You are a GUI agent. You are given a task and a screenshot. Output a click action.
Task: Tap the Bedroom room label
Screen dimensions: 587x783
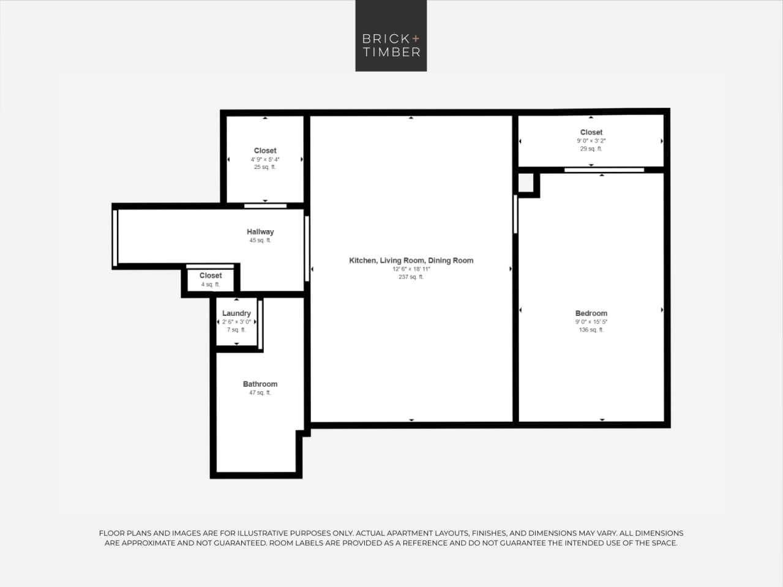pyautogui.click(x=591, y=313)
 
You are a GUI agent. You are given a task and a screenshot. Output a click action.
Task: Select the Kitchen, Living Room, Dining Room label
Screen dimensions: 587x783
pyautogui.click(x=411, y=260)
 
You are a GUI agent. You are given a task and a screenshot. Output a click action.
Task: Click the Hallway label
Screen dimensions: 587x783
pyautogui.click(x=260, y=232)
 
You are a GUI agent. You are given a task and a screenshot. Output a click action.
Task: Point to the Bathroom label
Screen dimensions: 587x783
pyautogui.click(x=260, y=384)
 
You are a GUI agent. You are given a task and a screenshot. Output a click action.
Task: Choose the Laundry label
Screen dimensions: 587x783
pyautogui.click(x=236, y=313)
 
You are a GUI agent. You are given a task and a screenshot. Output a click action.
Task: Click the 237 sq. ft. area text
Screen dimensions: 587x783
pyautogui.click(x=411, y=277)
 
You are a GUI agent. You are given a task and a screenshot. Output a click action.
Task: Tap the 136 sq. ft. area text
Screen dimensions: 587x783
pyautogui.click(x=591, y=330)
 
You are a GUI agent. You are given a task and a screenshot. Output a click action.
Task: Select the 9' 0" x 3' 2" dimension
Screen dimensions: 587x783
pyautogui.click(x=591, y=141)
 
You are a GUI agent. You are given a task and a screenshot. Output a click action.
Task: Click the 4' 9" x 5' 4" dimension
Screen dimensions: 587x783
pyautogui.click(x=265, y=159)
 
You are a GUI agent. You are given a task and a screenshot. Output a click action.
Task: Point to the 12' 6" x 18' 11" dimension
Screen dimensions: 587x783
pyautogui.click(x=411, y=269)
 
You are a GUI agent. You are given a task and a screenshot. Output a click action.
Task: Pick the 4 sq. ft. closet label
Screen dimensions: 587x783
pyautogui.click(x=210, y=284)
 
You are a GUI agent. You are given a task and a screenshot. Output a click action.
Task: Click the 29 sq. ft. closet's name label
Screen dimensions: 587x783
pyautogui.click(x=591, y=132)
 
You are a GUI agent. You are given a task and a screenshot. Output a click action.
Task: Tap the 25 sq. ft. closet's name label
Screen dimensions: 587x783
pyautogui.click(x=265, y=151)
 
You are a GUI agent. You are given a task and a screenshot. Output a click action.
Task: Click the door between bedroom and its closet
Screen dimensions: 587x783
pyautogui.click(x=604, y=170)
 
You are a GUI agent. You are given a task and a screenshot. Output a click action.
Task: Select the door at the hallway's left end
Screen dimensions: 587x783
pyautogui.click(x=114, y=237)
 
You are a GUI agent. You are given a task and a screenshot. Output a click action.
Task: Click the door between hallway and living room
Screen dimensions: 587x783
pyautogui.click(x=307, y=248)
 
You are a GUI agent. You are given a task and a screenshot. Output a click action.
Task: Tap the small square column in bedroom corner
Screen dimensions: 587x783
pyautogui.click(x=526, y=182)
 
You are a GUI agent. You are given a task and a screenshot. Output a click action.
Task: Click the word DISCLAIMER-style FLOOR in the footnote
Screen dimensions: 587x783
pyautogui.click(x=111, y=533)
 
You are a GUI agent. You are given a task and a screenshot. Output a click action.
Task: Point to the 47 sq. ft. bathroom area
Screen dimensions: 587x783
pyautogui.click(x=260, y=393)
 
